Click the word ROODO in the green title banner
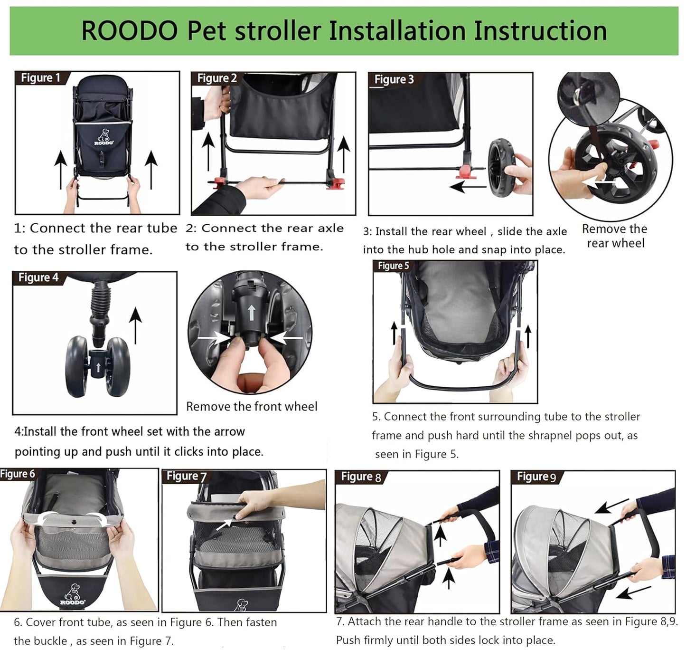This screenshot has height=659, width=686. (129, 31)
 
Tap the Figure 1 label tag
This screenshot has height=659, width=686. (41, 78)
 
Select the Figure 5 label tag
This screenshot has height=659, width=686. (393, 266)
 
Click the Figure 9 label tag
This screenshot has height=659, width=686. (536, 477)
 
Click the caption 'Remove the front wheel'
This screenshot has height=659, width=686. (252, 407)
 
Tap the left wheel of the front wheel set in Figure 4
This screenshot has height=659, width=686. (76, 367)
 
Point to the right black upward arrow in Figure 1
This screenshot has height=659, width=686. (151, 170)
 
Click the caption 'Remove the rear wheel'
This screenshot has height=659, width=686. (615, 236)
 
